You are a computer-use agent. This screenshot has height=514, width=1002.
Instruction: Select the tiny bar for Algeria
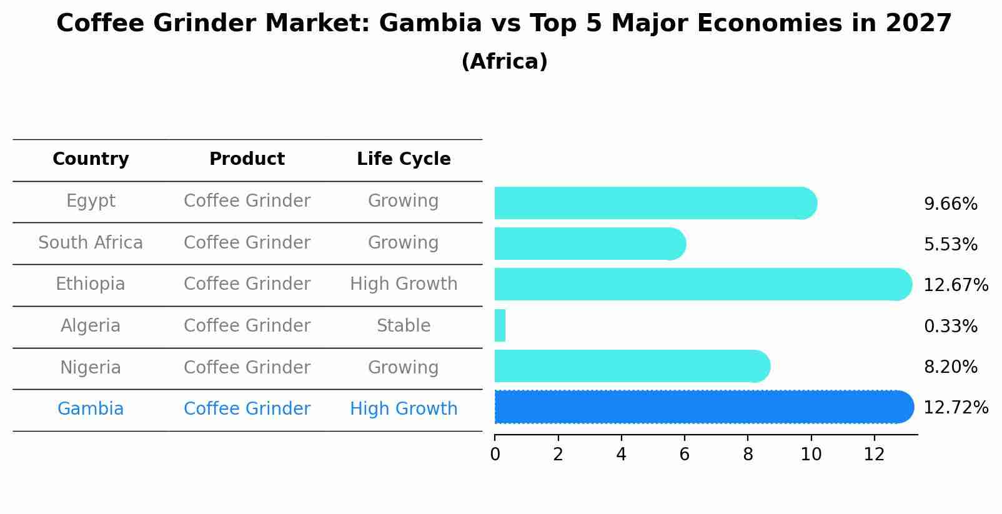click(500, 325)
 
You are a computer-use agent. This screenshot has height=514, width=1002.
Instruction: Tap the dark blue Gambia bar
click(700, 407)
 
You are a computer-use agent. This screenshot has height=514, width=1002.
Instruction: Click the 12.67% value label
click(955, 285)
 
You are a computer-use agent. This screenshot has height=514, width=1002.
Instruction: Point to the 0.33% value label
click(950, 326)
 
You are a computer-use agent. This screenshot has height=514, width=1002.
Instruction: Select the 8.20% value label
click(950, 367)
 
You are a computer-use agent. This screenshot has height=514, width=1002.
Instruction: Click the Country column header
click(91, 159)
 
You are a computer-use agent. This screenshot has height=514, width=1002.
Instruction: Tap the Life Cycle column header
click(404, 159)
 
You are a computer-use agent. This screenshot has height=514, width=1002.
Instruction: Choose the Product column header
click(247, 159)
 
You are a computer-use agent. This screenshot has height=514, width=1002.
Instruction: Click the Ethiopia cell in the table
click(91, 284)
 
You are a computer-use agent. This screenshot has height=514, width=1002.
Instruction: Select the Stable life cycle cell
click(404, 326)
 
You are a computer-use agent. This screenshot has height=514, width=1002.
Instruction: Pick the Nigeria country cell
click(91, 367)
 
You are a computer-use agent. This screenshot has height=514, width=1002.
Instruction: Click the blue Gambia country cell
click(91, 409)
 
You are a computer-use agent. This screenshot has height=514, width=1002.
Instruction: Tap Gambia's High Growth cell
click(404, 409)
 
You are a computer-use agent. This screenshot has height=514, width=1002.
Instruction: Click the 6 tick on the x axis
click(685, 454)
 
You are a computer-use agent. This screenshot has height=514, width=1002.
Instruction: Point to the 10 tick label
click(811, 455)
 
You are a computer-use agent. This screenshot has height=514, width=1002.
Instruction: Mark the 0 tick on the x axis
click(495, 454)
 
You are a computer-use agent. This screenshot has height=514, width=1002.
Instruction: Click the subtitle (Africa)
click(504, 62)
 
